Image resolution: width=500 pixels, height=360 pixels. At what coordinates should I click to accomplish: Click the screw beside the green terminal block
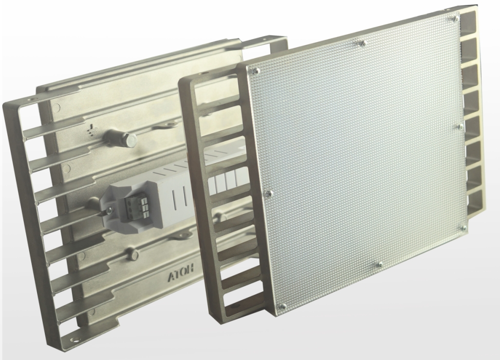(x=110, y=209)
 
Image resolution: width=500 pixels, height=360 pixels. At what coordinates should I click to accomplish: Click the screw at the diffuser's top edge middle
(x=362, y=42)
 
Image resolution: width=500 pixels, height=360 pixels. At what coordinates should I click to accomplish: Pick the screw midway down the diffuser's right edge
(x=460, y=126)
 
